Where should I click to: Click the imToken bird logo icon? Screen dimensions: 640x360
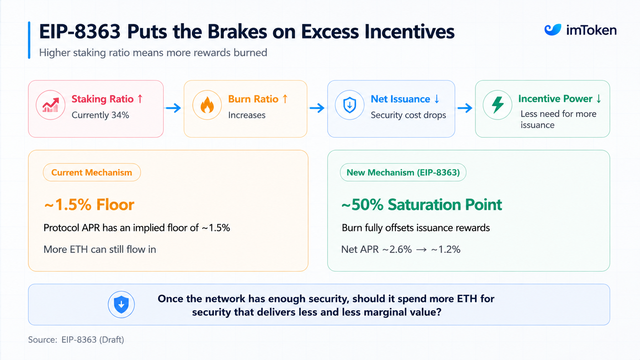click(553, 30)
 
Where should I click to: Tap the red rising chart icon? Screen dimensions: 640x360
click(51, 105)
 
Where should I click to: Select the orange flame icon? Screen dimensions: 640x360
click(207, 105)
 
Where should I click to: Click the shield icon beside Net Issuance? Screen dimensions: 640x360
click(349, 105)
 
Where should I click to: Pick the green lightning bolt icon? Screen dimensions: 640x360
click(498, 105)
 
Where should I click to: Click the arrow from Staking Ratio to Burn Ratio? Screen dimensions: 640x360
click(173, 108)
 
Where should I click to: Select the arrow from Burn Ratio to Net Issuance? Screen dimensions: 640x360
click(317, 108)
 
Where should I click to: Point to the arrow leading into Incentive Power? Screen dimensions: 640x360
click(465, 108)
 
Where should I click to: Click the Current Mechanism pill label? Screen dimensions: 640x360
click(92, 173)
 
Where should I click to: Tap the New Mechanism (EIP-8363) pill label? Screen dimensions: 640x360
click(403, 173)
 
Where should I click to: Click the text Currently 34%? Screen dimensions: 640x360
click(100, 115)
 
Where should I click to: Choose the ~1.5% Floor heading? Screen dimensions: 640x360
click(89, 205)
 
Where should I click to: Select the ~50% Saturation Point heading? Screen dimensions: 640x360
click(422, 205)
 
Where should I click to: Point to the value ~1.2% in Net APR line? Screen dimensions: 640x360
click(446, 249)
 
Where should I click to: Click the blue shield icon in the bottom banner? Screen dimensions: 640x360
click(121, 304)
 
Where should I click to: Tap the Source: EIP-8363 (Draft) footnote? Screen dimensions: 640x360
click(76, 340)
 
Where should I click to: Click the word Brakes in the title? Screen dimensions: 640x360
click(237, 31)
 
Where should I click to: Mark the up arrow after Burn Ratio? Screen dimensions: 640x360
click(285, 99)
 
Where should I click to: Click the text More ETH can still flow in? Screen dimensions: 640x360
click(100, 249)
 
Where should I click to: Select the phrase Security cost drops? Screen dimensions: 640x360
click(408, 115)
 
